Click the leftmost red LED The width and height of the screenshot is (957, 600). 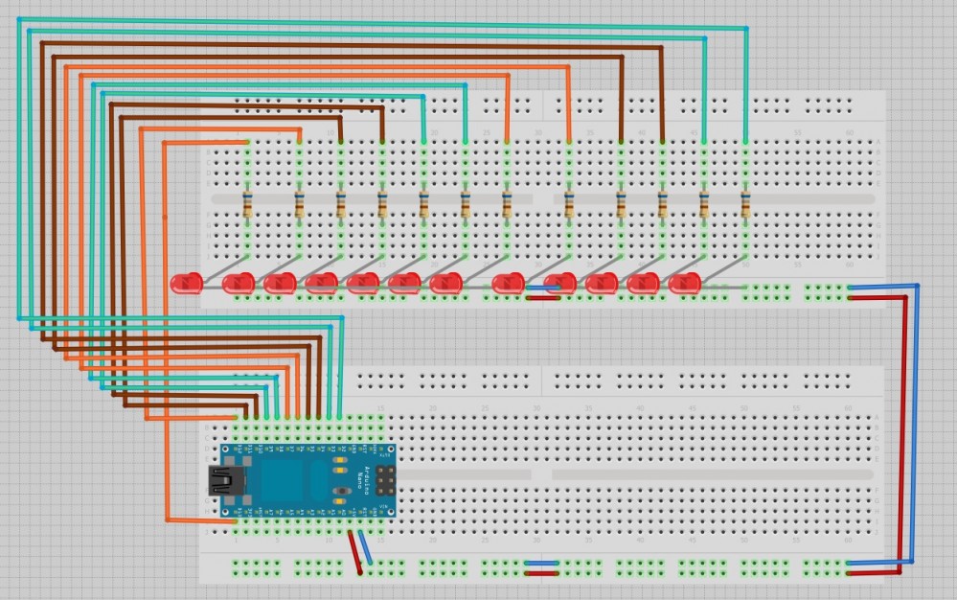point(186,283)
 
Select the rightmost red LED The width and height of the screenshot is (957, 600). point(685,284)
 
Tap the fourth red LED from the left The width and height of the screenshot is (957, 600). point(321,283)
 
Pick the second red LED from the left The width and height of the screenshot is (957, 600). point(239,283)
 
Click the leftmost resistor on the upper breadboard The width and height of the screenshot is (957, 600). point(248,203)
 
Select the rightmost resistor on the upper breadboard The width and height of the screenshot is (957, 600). point(746,203)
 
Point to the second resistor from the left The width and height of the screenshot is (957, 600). point(300,203)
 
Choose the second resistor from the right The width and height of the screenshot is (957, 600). point(704,203)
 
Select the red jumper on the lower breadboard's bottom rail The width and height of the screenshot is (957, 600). point(543,573)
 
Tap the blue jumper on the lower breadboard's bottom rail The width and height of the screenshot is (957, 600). point(543,563)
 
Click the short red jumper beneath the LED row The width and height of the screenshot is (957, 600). point(543,297)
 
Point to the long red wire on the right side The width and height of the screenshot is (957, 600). point(904,431)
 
